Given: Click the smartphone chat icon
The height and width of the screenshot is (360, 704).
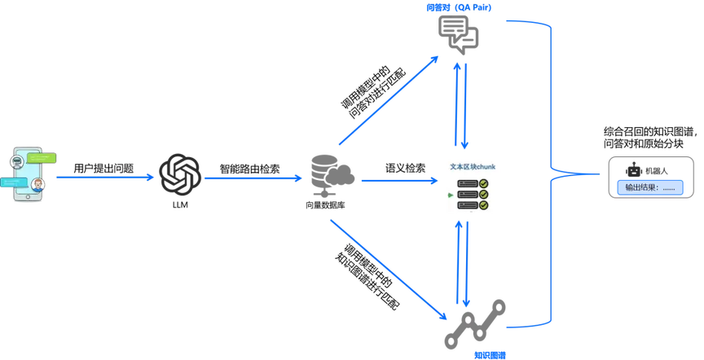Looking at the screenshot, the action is tap(28, 174).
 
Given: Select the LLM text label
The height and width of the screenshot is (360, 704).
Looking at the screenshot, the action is tap(180, 205).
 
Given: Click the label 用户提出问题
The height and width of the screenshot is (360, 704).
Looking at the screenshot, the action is tap(103, 169).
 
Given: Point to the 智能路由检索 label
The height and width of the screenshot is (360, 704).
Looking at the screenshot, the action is tap(249, 169).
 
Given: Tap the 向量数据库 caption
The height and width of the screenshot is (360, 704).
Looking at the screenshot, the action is tap(325, 205).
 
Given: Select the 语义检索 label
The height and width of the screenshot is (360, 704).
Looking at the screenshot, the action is tap(406, 168).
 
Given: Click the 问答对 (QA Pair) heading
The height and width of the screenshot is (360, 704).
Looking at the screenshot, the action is tap(459, 7).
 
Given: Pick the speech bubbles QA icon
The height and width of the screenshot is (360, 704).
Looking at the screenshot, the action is tap(458, 34).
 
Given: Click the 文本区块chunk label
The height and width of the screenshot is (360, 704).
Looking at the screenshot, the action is tap(473, 166).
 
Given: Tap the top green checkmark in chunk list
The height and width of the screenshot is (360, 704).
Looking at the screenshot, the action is tap(483, 183).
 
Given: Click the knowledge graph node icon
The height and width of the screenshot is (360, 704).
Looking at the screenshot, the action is tap(475, 324).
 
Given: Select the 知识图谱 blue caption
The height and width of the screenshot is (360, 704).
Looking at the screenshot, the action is tap(490, 355).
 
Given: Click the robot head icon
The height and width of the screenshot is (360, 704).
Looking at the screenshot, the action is tap(633, 170).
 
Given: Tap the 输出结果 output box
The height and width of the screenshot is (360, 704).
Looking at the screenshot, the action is tap(650, 187).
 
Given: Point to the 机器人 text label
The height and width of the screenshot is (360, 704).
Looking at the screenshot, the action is tap(657, 171).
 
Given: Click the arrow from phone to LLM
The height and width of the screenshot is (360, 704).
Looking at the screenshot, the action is tap(105, 178).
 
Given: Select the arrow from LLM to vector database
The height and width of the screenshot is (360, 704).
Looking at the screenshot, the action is tap(253, 178).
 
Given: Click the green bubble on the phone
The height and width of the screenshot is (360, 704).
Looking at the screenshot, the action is tap(42, 158).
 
